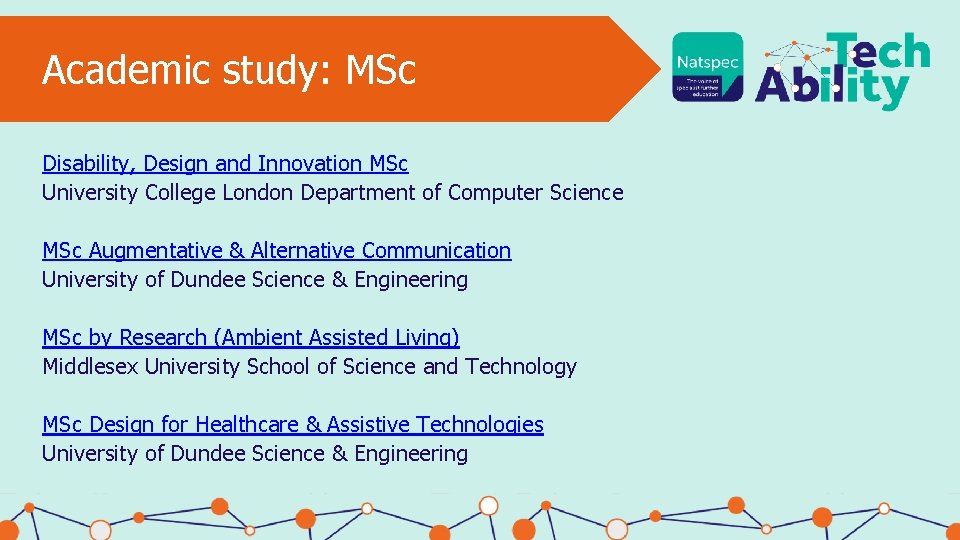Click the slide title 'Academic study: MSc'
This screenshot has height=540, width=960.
[229, 70]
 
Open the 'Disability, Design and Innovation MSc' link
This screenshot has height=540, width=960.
[225, 163]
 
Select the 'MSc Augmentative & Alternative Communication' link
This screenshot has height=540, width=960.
[276, 250]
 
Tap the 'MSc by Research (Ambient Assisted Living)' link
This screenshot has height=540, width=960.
[251, 337]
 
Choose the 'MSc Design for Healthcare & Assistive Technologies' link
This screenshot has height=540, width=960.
[293, 424]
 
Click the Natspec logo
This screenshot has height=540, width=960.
[708, 66]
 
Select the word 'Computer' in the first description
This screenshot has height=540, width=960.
[495, 192]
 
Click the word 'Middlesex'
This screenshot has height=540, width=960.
[91, 366]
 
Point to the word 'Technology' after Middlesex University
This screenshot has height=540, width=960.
[520, 366]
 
